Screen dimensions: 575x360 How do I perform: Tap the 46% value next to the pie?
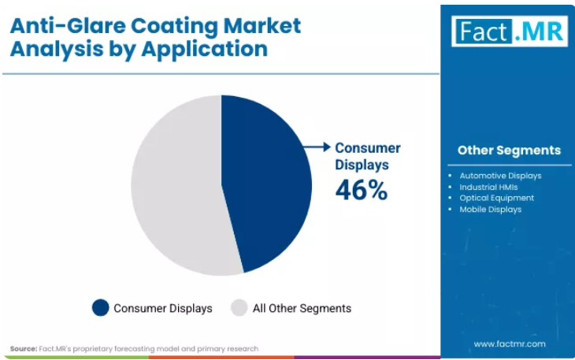(x=362, y=190)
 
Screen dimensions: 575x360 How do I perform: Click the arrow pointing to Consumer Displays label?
(x=317, y=147)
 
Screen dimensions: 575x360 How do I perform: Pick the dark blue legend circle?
(x=101, y=307)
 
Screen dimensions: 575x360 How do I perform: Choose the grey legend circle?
(x=239, y=307)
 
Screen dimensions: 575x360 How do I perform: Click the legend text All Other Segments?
(x=302, y=308)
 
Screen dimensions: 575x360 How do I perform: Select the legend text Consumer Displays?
(x=163, y=308)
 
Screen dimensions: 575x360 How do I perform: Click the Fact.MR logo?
(x=510, y=32)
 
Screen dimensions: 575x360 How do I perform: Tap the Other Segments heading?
(x=510, y=150)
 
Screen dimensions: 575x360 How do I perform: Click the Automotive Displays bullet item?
(x=500, y=176)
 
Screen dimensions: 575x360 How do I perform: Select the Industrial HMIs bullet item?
(x=488, y=187)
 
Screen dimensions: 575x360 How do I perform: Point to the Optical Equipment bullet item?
(x=497, y=198)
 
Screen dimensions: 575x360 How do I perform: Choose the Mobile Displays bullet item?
(x=490, y=210)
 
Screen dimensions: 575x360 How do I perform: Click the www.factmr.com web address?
(x=510, y=344)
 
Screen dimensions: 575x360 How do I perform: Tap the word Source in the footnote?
(x=24, y=349)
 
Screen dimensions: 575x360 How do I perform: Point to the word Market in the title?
(x=262, y=26)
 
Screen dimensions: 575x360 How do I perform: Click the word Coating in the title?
(x=175, y=27)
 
